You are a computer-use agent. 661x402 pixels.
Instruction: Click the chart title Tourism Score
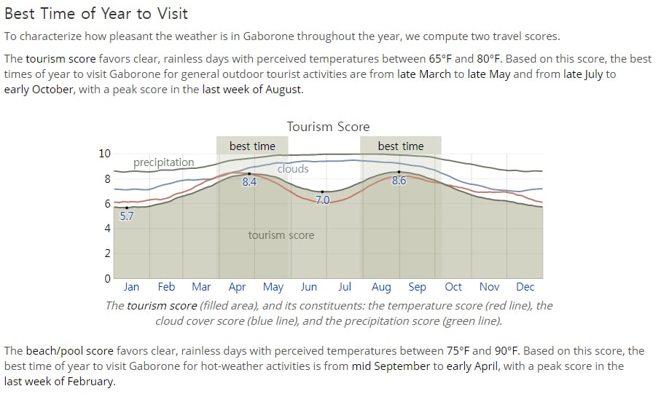(328, 127)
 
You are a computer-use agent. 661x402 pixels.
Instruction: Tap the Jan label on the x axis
(131, 286)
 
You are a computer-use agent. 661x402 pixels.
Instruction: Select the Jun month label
(308, 286)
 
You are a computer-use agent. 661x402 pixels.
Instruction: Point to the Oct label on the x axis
(453, 286)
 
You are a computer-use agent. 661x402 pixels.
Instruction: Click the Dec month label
(525, 286)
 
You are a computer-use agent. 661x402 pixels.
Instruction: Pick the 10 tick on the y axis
(104, 154)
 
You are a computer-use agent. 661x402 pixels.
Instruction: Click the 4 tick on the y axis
(108, 229)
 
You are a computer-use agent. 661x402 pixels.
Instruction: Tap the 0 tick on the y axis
(108, 278)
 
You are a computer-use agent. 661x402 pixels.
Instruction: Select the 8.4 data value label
(249, 181)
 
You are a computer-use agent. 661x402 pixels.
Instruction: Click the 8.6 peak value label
(399, 181)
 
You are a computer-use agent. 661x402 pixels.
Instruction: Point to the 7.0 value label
(323, 200)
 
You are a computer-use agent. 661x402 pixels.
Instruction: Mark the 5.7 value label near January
(127, 216)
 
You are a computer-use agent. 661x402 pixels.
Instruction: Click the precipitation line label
(163, 162)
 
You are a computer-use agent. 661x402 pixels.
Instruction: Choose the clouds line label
(293, 168)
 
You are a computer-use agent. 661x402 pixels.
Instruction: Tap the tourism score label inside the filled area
(281, 235)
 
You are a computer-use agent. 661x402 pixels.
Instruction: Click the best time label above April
(252, 146)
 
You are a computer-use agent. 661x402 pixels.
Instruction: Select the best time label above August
(401, 146)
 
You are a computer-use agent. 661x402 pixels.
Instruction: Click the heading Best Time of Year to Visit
(96, 14)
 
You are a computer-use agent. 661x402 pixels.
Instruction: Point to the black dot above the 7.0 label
(323, 192)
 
